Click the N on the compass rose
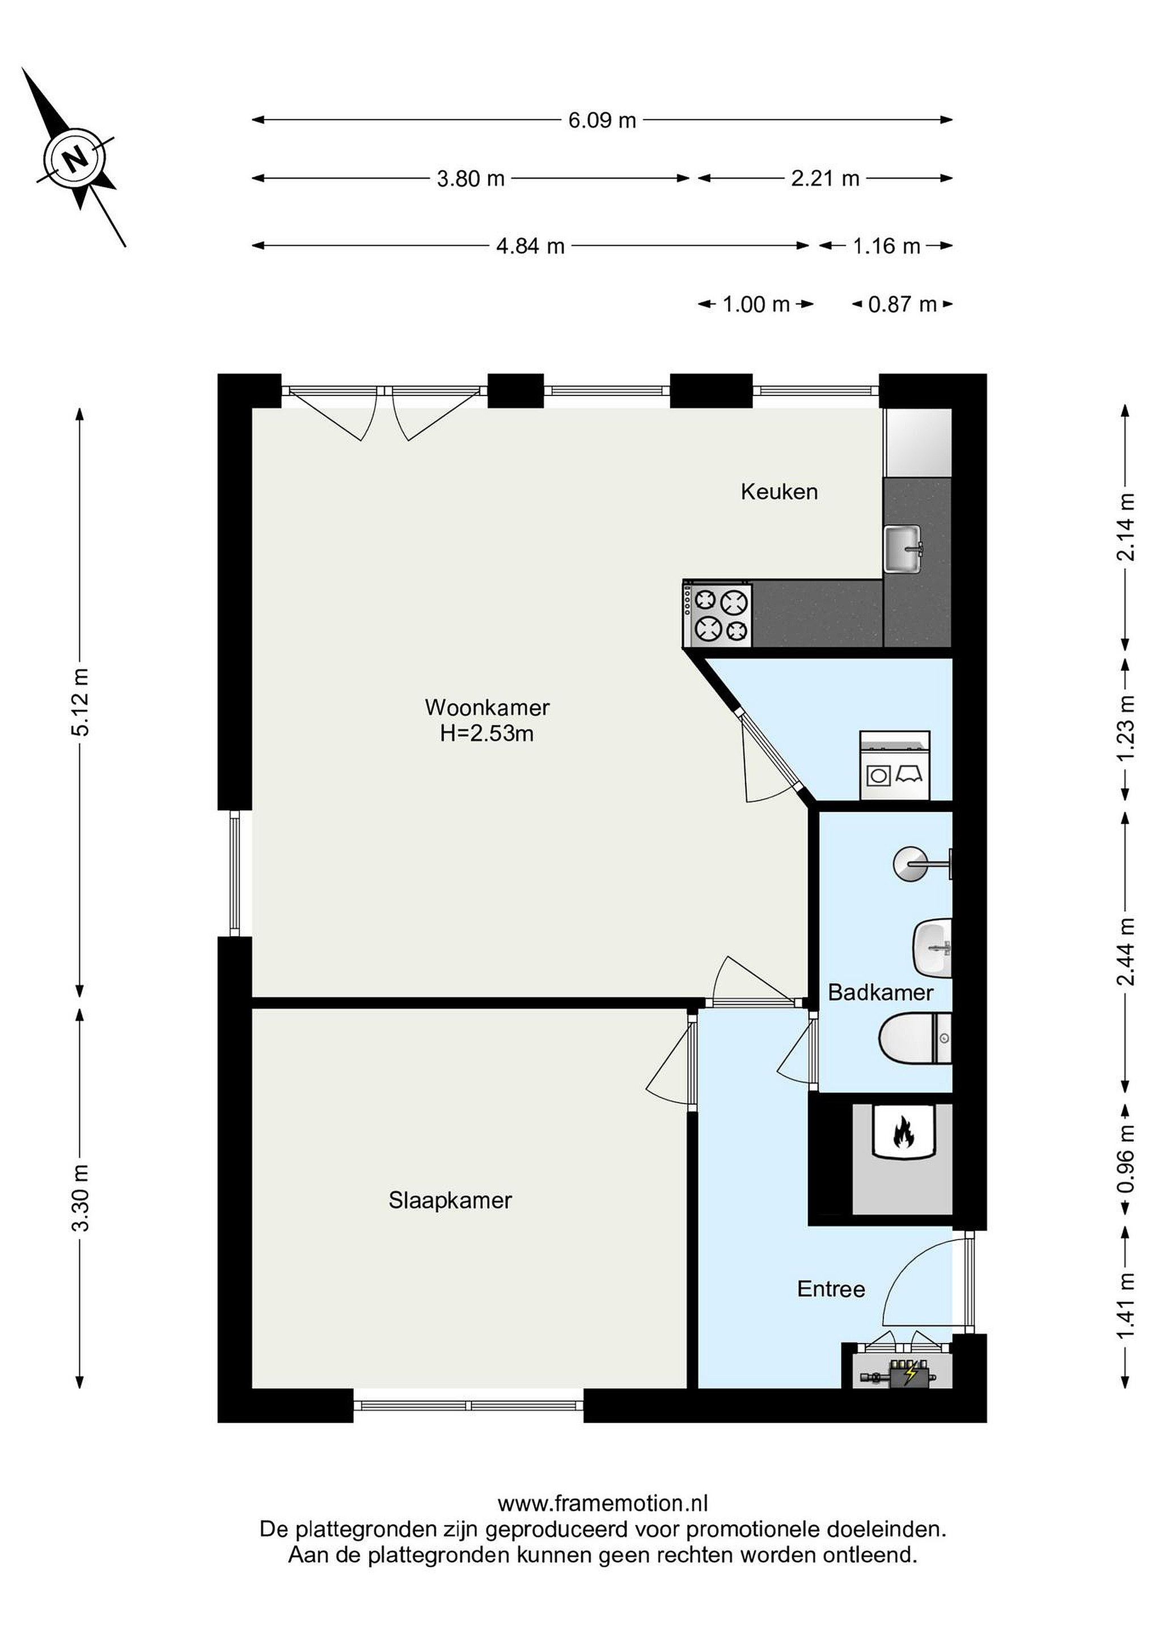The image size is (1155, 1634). [x=74, y=157]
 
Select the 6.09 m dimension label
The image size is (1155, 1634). [x=602, y=120]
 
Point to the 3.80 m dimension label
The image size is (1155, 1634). [x=470, y=179]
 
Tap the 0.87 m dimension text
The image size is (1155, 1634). [x=903, y=305]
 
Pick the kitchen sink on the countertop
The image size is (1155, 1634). [x=903, y=548]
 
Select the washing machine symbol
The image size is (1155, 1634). [x=895, y=766]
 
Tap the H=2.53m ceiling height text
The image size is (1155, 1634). [x=486, y=734]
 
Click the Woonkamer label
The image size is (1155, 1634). [x=487, y=707]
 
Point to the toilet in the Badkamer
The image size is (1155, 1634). [x=915, y=1038]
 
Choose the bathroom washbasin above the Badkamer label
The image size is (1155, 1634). [x=932, y=948]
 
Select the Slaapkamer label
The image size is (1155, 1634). [x=450, y=1201]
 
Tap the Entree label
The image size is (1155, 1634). [x=831, y=1289]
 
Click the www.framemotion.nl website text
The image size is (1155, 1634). [x=602, y=1503]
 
